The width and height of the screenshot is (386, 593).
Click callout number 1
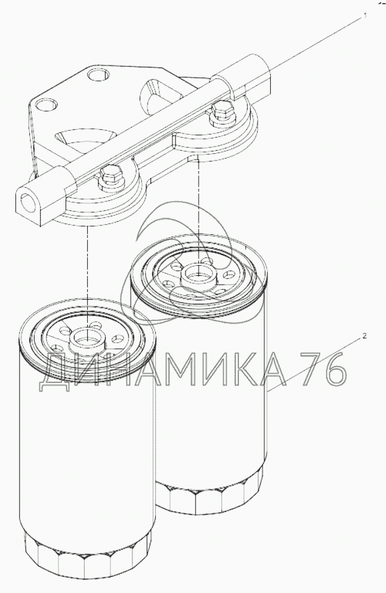coord(365,15)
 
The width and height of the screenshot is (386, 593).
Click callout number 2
coord(365,336)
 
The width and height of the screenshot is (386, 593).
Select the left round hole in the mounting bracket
coord(47,104)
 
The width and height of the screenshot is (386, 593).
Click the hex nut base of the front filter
coord(87,557)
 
